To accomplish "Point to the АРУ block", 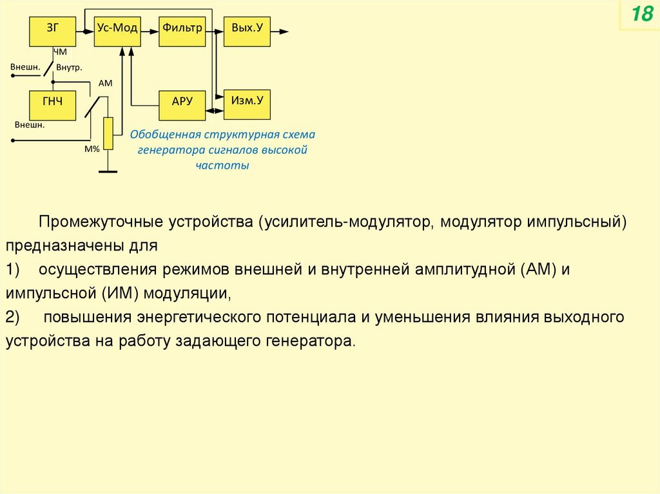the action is [182, 106].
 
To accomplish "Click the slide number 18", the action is [641, 15].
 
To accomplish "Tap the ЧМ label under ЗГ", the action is [59, 52].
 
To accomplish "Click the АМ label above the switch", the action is [105, 84].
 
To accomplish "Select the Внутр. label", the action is [69, 67].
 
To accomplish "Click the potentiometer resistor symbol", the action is [108, 133].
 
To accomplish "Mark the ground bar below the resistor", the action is [108, 171].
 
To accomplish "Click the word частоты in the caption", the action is [222, 165].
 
